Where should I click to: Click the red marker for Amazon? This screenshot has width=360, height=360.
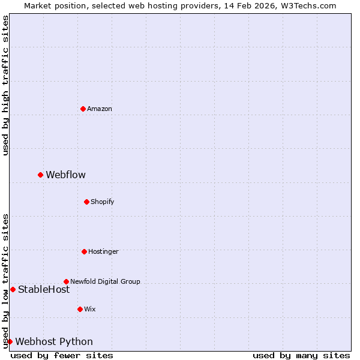coord(83,109)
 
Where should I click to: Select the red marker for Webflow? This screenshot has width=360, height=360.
coord(40,175)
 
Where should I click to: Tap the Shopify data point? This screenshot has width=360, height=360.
coord(86,202)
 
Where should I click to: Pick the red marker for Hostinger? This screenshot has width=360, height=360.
coord(84,251)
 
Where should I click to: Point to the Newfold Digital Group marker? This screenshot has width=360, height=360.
coord(66,281)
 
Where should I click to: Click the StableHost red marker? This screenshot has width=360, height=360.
coord(13,289)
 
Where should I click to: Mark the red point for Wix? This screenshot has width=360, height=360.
coord(80,309)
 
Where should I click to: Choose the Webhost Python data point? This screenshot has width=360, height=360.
coord(10,341)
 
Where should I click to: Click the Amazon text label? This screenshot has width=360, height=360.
coord(100,109)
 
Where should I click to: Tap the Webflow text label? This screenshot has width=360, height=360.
coord(65,175)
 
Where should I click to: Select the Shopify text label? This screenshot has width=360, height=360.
coord(102,202)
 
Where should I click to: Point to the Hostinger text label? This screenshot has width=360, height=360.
coord(103,251)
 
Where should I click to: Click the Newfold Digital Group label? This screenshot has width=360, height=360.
coord(105,281)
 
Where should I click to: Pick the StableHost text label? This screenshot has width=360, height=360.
coord(44,289)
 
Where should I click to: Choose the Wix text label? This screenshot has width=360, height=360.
coord(89,309)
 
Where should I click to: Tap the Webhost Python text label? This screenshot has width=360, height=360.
coord(54,341)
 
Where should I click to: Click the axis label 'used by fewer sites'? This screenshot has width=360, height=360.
coord(62,355)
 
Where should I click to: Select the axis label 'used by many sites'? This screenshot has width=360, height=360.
coord(301,355)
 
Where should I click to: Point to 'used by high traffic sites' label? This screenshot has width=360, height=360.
coord(5,86)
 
